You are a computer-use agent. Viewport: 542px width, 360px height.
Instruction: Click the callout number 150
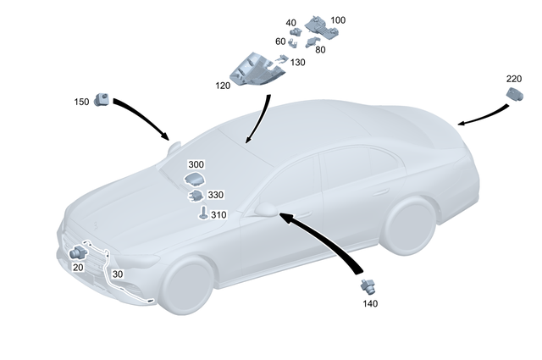[x=81, y=102]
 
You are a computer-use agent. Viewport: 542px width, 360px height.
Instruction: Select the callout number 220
[x=514, y=79]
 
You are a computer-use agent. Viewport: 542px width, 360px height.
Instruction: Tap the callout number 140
[x=370, y=303]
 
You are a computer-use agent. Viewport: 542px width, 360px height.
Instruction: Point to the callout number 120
[x=224, y=86]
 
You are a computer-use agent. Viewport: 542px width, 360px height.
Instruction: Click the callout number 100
[x=338, y=19]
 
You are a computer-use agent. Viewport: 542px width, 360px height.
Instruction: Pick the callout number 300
[x=196, y=164]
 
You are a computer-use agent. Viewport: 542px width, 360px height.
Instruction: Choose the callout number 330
[x=215, y=195]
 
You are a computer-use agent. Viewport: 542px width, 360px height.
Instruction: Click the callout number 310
[x=218, y=214]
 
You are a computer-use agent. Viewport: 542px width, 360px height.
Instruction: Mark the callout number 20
[x=78, y=267]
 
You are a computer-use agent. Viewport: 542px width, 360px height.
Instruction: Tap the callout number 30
[x=117, y=274]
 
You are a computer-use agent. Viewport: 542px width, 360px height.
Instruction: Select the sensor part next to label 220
[x=514, y=96]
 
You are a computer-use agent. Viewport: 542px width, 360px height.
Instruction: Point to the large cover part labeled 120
[x=253, y=69]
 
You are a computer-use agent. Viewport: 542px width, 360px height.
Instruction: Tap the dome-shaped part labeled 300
[x=196, y=179]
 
